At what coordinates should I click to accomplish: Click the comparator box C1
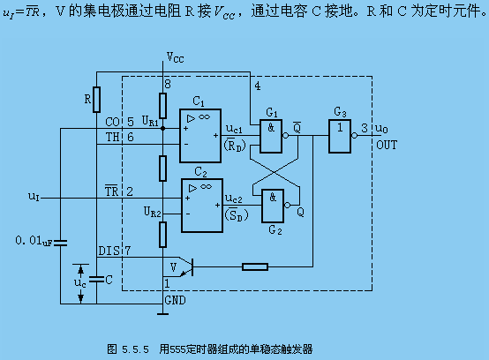coord(200,136)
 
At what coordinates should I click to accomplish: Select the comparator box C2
coord(202,206)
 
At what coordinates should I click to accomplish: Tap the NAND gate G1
coord(271,136)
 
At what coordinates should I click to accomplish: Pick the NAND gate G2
coord(273,206)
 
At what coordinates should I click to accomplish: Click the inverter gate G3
coord(340,136)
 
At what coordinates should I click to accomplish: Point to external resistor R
coord(97,100)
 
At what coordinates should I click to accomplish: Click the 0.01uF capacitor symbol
coord(60,244)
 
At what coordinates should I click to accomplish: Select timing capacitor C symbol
coord(97,280)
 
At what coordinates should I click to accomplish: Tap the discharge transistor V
coord(183,266)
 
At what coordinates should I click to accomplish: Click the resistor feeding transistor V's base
coord(255,266)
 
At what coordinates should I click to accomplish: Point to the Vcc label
coord(176,57)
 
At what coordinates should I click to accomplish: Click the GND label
coord(176,300)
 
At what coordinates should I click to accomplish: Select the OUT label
coord(387,145)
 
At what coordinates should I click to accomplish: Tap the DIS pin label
coord(109,251)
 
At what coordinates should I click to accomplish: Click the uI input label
coord(34,197)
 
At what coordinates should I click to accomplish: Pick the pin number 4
coord(258,86)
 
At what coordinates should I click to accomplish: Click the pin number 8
coord(168,84)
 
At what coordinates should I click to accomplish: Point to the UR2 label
coord(153,212)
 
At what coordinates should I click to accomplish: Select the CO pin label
coord(113,122)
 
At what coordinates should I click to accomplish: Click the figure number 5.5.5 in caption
coord(135,349)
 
